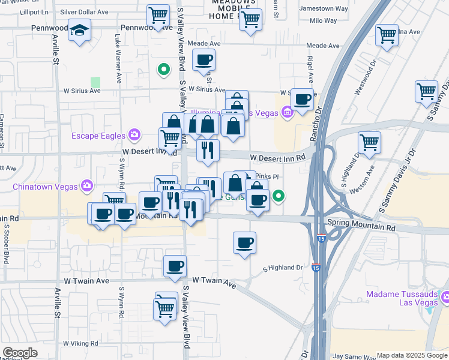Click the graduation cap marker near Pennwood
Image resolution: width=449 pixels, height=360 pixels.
tap(79, 31)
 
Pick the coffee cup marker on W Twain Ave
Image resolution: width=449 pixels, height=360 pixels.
tap(175, 266)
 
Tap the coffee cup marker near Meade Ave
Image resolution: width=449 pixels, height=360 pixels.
tap(203, 60)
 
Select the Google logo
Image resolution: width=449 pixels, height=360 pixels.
tap(20, 353)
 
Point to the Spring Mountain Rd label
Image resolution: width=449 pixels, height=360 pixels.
tap(366, 228)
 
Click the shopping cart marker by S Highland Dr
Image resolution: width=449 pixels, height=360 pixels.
tap(369, 143)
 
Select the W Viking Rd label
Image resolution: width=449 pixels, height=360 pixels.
tap(80, 343)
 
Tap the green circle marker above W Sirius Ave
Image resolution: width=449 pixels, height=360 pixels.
tap(162, 70)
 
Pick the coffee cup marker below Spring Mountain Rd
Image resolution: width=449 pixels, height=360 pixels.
tap(244, 243)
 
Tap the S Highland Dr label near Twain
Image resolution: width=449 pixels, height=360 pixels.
tap(284, 268)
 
